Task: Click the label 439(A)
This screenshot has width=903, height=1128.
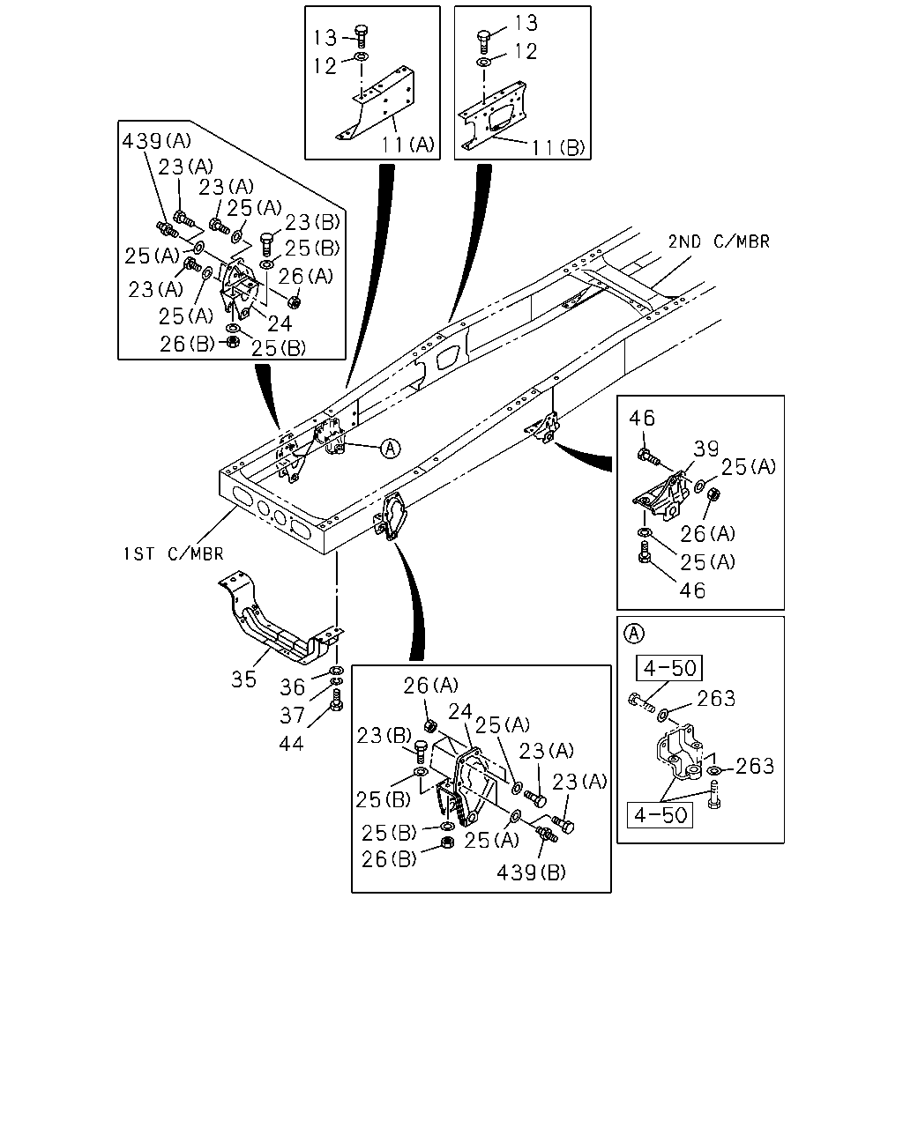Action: point(156,141)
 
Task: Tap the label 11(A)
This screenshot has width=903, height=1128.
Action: point(407,144)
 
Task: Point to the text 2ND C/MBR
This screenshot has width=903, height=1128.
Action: point(719,241)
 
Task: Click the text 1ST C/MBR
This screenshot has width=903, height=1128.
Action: point(173,553)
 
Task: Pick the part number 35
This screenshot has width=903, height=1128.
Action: point(243,679)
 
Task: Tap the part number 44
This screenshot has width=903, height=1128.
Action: point(291,743)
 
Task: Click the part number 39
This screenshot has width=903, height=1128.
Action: point(705,449)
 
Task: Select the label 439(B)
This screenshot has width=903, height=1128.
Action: point(531,872)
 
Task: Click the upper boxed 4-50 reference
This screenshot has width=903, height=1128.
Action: point(669,668)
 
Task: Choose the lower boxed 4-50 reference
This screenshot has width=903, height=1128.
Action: point(660,815)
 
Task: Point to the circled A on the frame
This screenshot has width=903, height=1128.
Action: point(390,449)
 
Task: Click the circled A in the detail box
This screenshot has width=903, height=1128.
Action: point(634,634)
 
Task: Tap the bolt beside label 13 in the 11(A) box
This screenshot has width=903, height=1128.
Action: point(361,36)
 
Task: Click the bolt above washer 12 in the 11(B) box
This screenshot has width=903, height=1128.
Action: point(484,41)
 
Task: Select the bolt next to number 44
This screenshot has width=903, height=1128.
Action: point(337,699)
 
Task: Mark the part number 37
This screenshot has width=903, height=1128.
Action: point(292,715)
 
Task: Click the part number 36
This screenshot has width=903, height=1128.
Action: point(292,686)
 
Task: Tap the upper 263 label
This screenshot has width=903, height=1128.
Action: point(716,698)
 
